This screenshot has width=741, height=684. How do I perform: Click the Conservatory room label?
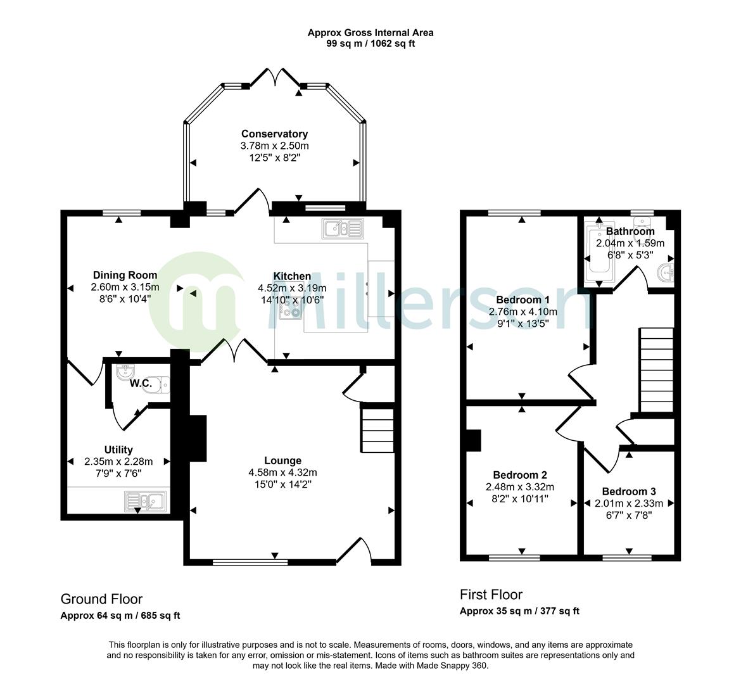(274, 134)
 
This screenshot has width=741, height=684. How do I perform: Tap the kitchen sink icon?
(341, 228)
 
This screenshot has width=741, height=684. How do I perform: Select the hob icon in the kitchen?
(291, 308)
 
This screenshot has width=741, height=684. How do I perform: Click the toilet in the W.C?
(158, 385)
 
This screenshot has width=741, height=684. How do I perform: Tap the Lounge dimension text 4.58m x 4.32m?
(282, 472)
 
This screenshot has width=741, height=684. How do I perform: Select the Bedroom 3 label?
(628, 491)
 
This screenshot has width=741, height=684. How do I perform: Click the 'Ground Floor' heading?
(101, 599)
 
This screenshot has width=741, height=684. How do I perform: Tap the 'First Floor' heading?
(491, 595)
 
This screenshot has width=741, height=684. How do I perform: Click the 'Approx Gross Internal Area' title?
(370, 32)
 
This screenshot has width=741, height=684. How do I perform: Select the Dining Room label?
(125, 275)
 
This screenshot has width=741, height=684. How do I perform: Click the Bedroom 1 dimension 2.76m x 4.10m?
(522, 312)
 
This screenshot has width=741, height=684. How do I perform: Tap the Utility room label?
(118, 450)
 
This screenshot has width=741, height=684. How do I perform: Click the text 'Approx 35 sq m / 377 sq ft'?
(519, 611)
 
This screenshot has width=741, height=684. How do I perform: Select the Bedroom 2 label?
(520, 475)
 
